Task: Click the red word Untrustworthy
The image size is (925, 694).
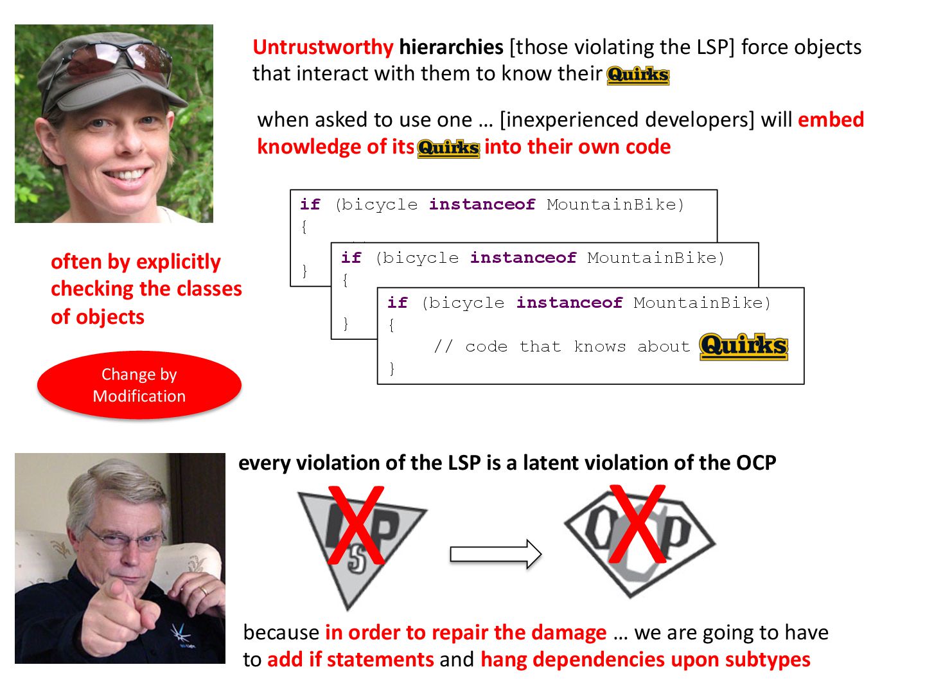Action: click(x=322, y=47)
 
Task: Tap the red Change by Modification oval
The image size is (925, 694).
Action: click(x=139, y=385)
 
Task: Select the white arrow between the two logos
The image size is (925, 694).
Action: click(x=495, y=553)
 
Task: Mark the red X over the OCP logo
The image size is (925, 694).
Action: click(x=637, y=523)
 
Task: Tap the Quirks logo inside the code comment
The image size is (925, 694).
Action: click(x=744, y=346)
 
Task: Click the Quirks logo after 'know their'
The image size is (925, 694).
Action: click(x=638, y=75)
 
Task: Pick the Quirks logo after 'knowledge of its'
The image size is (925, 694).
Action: click(x=448, y=148)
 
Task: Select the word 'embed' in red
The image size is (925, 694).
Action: click(x=831, y=120)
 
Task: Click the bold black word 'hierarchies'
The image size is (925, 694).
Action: click(x=451, y=47)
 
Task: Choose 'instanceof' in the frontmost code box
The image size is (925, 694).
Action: click(x=569, y=303)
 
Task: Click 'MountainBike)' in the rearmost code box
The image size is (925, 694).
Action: click(x=615, y=204)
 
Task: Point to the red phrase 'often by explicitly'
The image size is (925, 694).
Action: click(x=136, y=262)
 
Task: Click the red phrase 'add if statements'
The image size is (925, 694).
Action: click(x=351, y=659)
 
